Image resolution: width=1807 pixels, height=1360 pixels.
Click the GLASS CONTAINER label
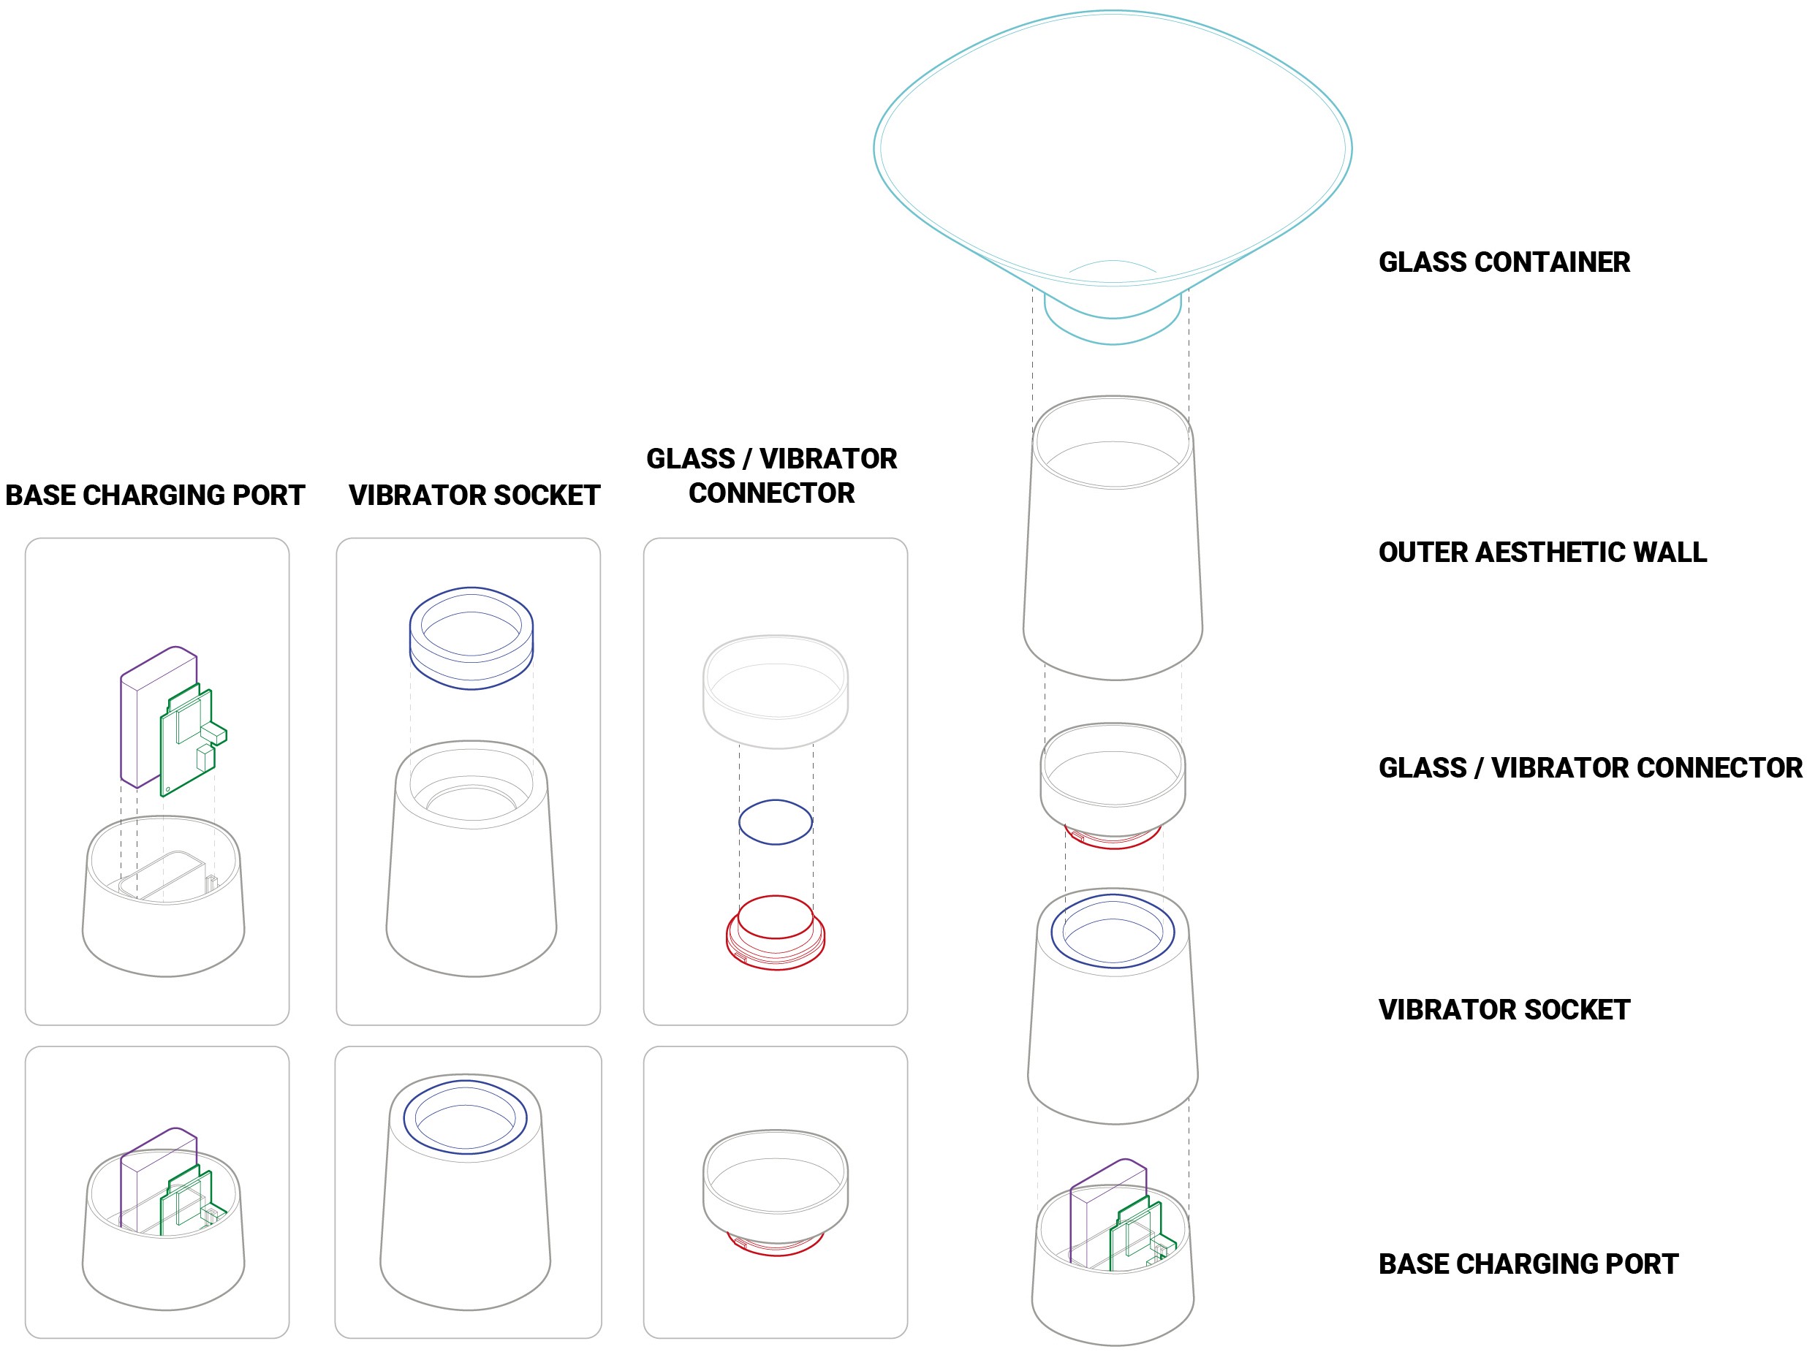pos(1504,262)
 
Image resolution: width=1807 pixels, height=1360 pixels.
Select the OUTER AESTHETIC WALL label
pos(1542,552)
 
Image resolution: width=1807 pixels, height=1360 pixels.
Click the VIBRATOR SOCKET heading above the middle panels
pos(474,495)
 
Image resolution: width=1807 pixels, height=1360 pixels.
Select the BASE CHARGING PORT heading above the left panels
pos(155,495)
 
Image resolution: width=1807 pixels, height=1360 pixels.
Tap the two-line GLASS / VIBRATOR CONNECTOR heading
pos(772,476)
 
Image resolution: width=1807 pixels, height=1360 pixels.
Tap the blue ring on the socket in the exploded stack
pos(1052,931)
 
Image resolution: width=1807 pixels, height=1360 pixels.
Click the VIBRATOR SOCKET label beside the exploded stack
pos(1504,1009)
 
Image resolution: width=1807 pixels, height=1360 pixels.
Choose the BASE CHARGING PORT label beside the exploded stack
pos(1528,1264)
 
